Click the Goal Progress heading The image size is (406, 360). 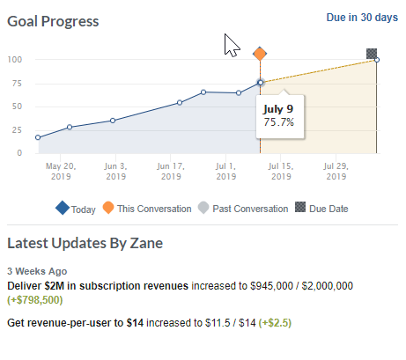(53, 20)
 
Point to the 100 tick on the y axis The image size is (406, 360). (15, 60)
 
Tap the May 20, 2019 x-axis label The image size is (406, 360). (61, 171)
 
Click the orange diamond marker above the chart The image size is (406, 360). (260, 55)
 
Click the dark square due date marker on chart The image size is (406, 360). (372, 54)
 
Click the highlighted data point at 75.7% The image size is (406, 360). (260, 83)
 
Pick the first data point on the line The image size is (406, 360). (38, 137)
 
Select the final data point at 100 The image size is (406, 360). (377, 59)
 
